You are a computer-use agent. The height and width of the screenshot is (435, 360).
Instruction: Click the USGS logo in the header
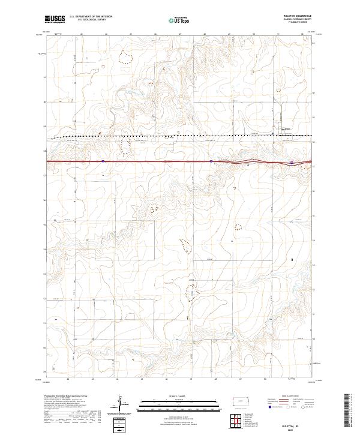pyautogui.click(x=55, y=20)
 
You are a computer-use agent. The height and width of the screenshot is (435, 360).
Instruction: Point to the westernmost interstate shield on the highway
pyautogui.click(x=103, y=161)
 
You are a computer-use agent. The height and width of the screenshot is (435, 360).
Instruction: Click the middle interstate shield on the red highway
pyautogui.click(x=211, y=161)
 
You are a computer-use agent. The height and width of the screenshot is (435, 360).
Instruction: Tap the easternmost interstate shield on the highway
pyautogui.click(x=291, y=161)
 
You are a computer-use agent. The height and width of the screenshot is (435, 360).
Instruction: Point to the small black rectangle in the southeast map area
pyautogui.click(x=292, y=260)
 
